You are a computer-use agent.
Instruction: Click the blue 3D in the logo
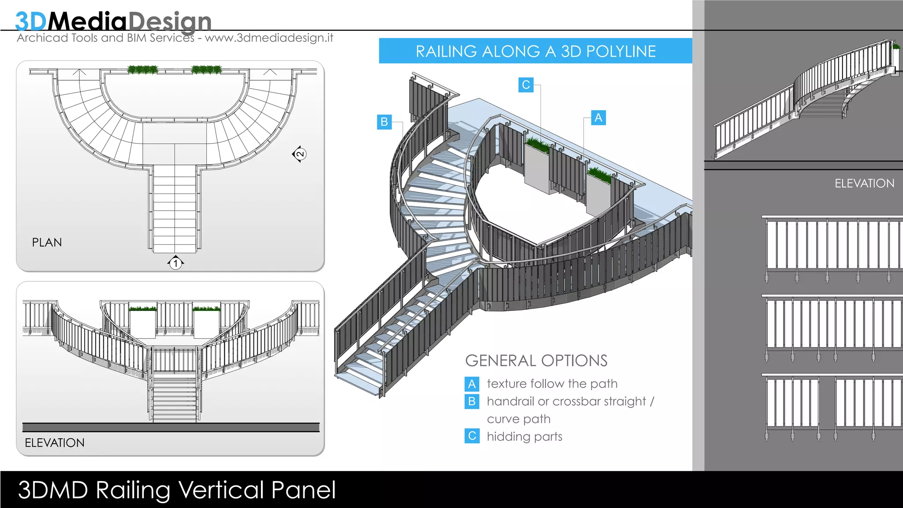pyautogui.click(x=30, y=21)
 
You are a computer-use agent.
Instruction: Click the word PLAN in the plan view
pyautogui.click(x=47, y=243)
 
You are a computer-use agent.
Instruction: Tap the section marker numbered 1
pyautogui.click(x=175, y=263)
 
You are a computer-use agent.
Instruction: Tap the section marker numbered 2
pyautogui.click(x=300, y=154)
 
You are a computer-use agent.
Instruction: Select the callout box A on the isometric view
pyautogui.click(x=598, y=118)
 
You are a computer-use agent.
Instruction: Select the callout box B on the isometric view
pyautogui.click(x=384, y=122)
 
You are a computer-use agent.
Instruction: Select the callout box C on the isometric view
pyautogui.click(x=526, y=85)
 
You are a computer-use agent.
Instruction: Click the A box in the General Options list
pyautogui.click(x=472, y=384)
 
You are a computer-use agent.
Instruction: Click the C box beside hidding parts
pyautogui.click(x=472, y=436)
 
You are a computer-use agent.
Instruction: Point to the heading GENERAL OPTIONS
pyautogui.click(x=536, y=361)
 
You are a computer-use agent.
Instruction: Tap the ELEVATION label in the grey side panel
pyautogui.click(x=864, y=183)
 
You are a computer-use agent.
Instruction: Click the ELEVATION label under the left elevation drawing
pyautogui.click(x=55, y=443)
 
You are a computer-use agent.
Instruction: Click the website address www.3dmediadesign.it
pyautogui.click(x=269, y=38)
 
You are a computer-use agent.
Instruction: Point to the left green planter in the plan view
pyautogui.click(x=142, y=70)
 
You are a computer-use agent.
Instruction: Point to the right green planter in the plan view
pyautogui.click(x=206, y=70)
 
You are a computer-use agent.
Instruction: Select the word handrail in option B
pyautogui.click(x=510, y=401)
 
